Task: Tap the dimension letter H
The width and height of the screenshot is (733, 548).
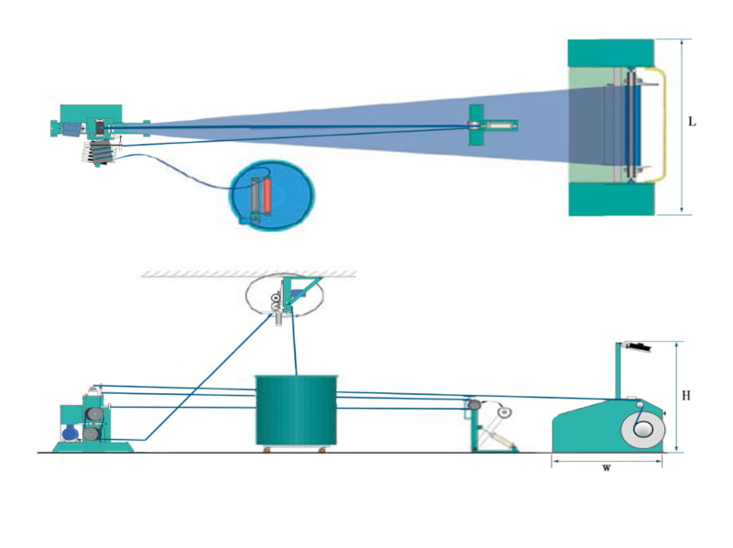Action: [x=687, y=395]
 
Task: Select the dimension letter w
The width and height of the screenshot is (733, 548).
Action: [x=606, y=468]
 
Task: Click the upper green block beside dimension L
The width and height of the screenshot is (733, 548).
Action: [x=610, y=52]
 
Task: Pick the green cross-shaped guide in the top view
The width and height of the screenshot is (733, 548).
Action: [x=475, y=125]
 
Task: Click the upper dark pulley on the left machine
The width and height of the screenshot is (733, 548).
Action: [x=93, y=417]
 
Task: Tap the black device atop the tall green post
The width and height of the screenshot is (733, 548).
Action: [x=634, y=346]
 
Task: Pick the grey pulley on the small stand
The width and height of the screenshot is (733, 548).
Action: [x=473, y=404]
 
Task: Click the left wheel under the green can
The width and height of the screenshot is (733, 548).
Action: [x=267, y=449]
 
